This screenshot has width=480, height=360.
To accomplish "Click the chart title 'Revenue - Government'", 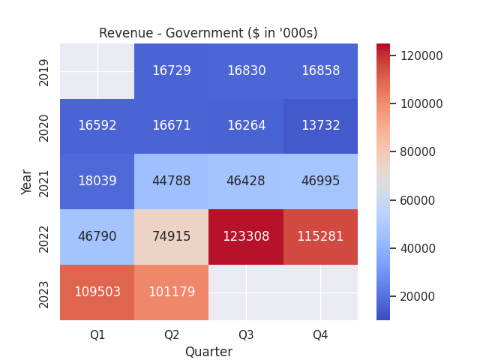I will (208, 33).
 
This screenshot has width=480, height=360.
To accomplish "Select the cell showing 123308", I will (246, 237).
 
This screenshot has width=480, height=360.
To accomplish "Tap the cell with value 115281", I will (320, 237).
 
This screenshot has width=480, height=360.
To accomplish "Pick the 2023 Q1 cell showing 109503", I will (97, 292).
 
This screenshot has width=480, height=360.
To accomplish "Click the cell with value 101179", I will (172, 292).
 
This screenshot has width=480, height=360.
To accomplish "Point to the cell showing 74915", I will (172, 237).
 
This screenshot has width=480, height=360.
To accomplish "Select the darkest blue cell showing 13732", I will (320, 126).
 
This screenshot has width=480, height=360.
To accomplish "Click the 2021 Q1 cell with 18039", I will (97, 181).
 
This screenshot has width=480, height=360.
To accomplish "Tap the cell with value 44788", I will (172, 181).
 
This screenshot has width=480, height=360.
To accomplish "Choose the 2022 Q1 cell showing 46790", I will (97, 237).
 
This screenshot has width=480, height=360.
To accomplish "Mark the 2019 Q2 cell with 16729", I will (172, 71).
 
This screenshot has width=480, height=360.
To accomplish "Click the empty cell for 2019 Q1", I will (97, 71).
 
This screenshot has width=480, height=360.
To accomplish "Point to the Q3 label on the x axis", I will (246, 334).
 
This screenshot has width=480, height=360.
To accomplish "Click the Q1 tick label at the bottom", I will (97, 334).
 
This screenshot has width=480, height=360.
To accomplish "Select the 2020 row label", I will (44, 126).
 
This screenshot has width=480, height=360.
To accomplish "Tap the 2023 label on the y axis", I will (44, 292).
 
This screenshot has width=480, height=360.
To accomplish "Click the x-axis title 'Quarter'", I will (208, 352).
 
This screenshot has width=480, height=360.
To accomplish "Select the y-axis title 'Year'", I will (27, 181).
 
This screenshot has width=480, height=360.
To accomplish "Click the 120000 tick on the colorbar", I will (421, 55).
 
